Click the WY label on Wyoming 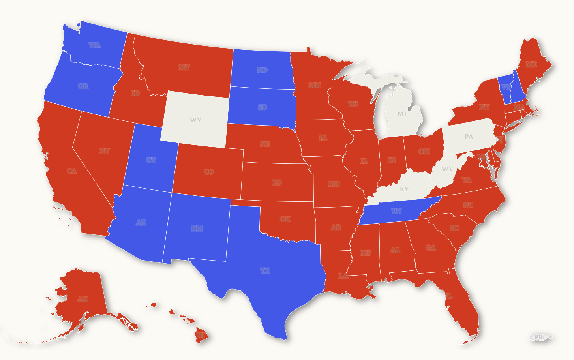(x=195, y=120)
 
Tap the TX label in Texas (x=265, y=270)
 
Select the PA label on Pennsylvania (x=469, y=137)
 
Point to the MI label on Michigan (x=402, y=114)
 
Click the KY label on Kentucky (x=404, y=189)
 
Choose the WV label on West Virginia (x=447, y=169)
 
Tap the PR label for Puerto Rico (x=538, y=337)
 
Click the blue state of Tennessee (x=396, y=211)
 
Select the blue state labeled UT (x=151, y=160)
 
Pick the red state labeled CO (x=208, y=172)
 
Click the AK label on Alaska (x=83, y=299)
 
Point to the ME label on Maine (x=531, y=64)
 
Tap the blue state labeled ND (x=262, y=70)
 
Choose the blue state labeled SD (x=262, y=107)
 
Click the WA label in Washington (x=94, y=45)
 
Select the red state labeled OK (x=285, y=219)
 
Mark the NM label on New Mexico (x=197, y=229)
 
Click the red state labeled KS (x=277, y=182)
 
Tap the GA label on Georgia (x=431, y=247)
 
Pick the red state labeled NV (x=104, y=151)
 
